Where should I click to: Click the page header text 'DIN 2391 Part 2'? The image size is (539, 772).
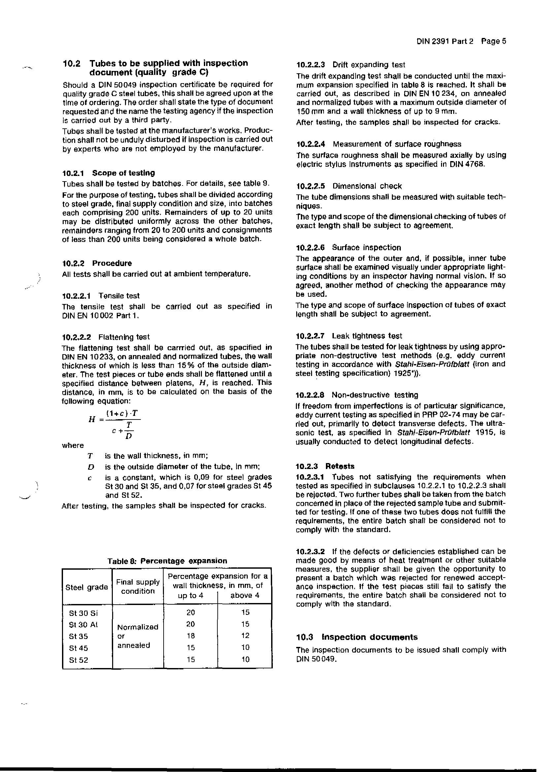(x=445, y=41)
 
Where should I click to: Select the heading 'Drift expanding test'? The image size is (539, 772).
(x=369, y=65)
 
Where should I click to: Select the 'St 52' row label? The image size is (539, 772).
(x=78, y=660)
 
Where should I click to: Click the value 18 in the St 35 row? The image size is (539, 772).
(x=191, y=636)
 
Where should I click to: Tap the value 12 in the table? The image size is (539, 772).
(x=245, y=636)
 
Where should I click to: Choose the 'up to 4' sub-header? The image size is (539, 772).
(x=191, y=595)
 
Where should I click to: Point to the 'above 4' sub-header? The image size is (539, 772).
(x=245, y=595)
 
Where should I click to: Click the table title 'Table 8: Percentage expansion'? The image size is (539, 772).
(x=167, y=561)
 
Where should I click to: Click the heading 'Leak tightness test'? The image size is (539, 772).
(x=366, y=336)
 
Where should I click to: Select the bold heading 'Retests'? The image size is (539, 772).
(x=340, y=466)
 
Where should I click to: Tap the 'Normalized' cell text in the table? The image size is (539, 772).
(x=138, y=627)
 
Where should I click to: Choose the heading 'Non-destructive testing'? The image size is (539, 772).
(x=375, y=395)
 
